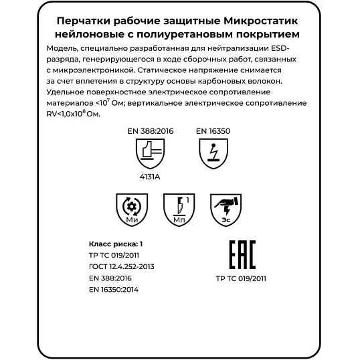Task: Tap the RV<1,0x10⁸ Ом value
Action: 74,114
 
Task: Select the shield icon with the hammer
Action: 151,157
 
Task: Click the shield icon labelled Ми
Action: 131,209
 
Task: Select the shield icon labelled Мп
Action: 179,209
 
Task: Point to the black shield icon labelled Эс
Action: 226,209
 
